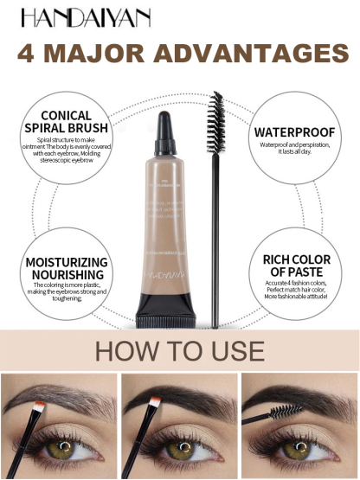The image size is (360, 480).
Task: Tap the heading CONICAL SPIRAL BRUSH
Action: [x=72, y=120]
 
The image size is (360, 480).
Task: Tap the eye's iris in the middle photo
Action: [x=179, y=451]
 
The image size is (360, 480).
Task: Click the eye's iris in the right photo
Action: [x=299, y=451]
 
